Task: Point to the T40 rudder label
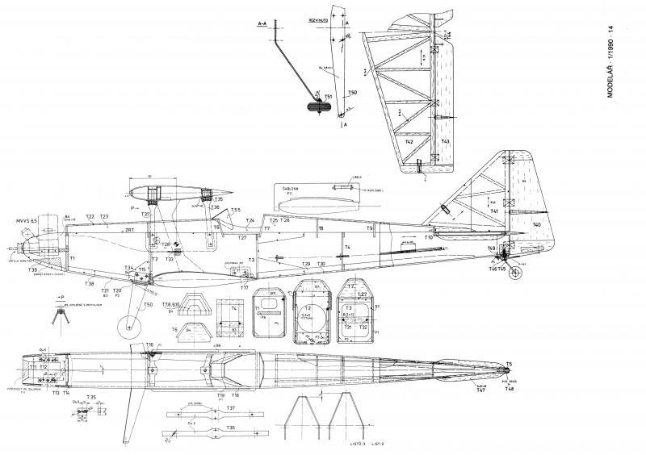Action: pyautogui.click(x=536, y=225)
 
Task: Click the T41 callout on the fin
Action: pyautogui.click(x=493, y=211)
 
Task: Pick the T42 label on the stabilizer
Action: pyautogui.click(x=409, y=141)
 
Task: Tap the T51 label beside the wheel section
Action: pyautogui.click(x=328, y=96)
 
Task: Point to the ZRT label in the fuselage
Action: pyautogui.click(x=129, y=230)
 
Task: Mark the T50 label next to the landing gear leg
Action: pyautogui.click(x=147, y=304)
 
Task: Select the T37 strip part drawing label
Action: pyautogui.click(x=231, y=409)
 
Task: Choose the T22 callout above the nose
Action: pyautogui.click(x=90, y=217)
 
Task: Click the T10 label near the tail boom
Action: pyautogui.click(x=430, y=238)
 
